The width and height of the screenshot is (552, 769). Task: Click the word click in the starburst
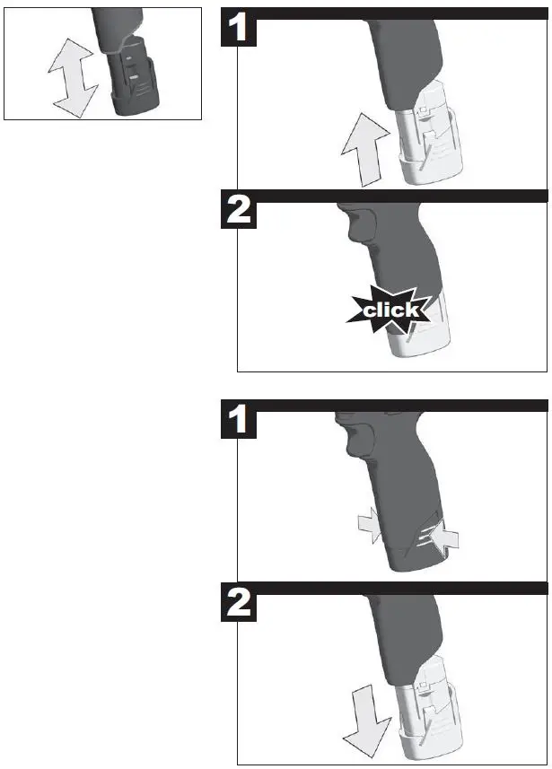coord(390,310)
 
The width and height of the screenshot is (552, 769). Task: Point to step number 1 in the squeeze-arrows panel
coord(239,422)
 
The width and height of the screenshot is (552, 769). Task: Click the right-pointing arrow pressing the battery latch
coord(366,528)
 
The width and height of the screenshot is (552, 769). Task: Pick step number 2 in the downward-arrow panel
coord(239,607)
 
